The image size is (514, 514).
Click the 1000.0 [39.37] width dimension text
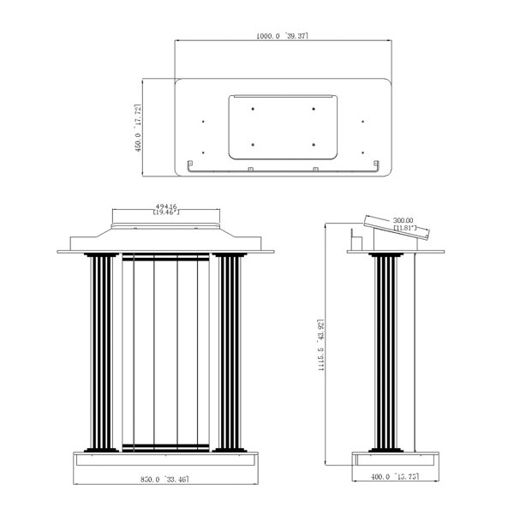(x=282, y=36)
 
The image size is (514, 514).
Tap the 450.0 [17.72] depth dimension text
(x=138, y=128)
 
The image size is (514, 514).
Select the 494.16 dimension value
(x=166, y=206)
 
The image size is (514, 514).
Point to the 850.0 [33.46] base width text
(x=164, y=479)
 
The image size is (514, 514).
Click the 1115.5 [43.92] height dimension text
(x=321, y=344)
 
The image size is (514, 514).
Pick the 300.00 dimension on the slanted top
(x=403, y=220)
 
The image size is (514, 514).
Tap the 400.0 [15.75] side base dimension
(x=395, y=476)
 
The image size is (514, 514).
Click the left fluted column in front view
(x=101, y=352)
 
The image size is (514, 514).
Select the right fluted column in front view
(x=230, y=352)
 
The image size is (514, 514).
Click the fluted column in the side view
(x=385, y=352)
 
